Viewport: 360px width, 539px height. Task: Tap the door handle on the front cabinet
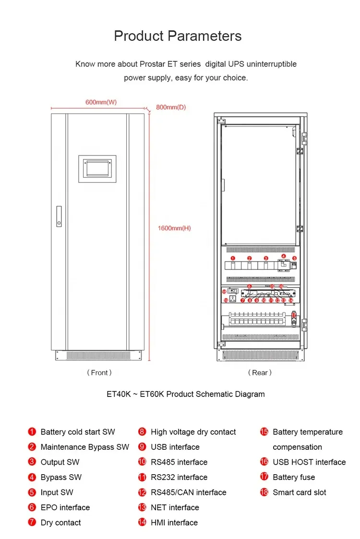(x=59, y=216)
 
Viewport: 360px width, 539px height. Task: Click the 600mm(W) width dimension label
(x=101, y=102)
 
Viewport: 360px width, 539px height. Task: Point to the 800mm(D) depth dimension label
(x=171, y=107)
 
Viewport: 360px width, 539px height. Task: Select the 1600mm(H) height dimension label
(x=174, y=228)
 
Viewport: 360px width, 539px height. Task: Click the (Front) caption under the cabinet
(x=99, y=372)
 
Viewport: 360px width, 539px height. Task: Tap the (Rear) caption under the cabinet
(x=260, y=372)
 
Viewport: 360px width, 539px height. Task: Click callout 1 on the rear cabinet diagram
(x=233, y=258)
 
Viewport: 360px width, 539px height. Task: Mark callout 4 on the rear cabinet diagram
(x=284, y=256)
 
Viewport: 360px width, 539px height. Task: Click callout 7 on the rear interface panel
(x=243, y=300)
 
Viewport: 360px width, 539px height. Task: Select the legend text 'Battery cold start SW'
(x=78, y=432)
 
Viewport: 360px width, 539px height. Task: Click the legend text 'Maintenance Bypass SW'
(x=85, y=447)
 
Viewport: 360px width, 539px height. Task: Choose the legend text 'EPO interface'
(x=65, y=507)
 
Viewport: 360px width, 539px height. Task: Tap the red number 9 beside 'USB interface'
(x=142, y=447)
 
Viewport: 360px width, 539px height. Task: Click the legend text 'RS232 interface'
(x=179, y=477)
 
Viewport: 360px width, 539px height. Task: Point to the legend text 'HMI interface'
(x=174, y=522)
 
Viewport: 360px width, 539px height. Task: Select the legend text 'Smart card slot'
(x=300, y=492)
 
